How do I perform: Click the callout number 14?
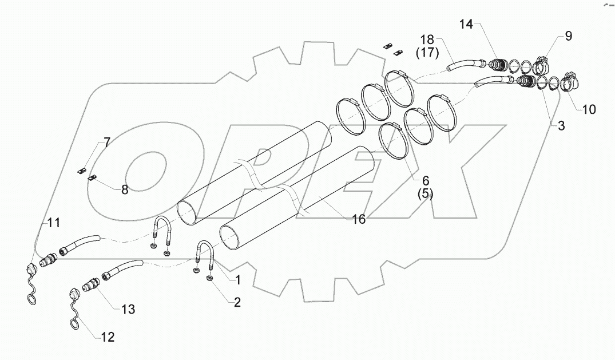467,24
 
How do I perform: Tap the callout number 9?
568,36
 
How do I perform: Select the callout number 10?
589,109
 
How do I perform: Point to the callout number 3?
561,126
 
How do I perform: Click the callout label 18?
427,41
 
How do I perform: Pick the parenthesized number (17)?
427,54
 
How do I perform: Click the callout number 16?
106,142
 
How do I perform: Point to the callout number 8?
128,309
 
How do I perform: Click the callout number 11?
107,337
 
